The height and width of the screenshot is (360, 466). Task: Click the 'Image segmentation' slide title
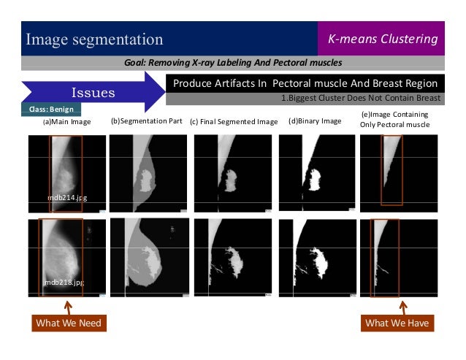(95, 39)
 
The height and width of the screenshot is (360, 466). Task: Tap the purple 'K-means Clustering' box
(382, 39)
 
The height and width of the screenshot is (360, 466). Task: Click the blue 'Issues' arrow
(91, 93)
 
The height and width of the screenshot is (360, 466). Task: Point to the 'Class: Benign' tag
(50, 110)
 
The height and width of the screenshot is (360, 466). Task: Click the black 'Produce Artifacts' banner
(305, 83)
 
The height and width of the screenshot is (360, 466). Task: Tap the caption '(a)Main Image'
(67, 121)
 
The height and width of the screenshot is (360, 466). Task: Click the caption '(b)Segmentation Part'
(145, 120)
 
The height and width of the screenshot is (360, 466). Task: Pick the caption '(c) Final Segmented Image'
(234, 121)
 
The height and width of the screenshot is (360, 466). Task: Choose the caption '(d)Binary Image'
(315, 120)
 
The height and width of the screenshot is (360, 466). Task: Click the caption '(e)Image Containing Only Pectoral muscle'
(394, 119)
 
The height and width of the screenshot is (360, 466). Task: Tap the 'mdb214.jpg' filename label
(65, 197)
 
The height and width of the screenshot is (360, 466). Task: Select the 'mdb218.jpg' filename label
(64, 281)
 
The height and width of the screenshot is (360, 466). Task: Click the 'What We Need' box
(69, 323)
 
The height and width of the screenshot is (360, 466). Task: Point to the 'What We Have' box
(397, 323)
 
